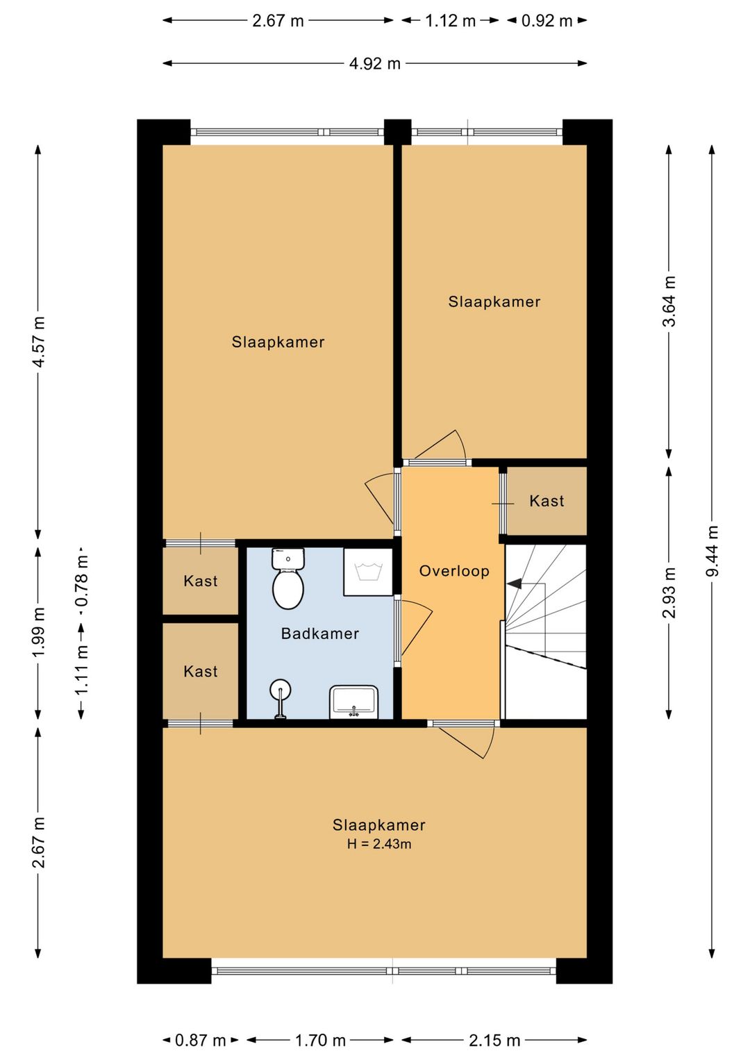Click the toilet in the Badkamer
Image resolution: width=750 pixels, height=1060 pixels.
pyautogui.click(x=287, y=578)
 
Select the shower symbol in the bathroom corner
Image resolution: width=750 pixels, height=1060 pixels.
pyautogui.click(x=367, y=572)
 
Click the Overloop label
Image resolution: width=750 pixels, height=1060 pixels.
pyautogui.click(x=454, y=571)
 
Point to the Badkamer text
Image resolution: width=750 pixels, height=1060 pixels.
pyautogui.click(x=320, y=633)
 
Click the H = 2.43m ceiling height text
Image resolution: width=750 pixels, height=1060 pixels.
pyautogui.click(x=379, y=844)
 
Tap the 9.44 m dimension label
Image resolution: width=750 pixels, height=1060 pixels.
pyautogui.click(x=712, y=551)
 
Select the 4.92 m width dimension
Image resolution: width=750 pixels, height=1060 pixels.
pyautogui.click(x=375, y=63)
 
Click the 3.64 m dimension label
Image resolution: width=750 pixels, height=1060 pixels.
pyautogui.click(x=669, y=301)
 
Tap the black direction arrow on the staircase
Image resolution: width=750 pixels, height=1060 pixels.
pyautogui.click(x=515, y=583)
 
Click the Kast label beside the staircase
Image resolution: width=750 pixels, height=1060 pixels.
pyautogui.click(x=547, y=501)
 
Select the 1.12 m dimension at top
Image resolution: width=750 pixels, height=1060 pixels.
pyautogui.click(x=450, y=20)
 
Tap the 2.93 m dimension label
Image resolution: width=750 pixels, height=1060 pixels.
pyautogui.click(x=669, y=593)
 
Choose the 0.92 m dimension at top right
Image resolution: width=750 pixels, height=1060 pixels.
pyautogui.click(x=547, y=20)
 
